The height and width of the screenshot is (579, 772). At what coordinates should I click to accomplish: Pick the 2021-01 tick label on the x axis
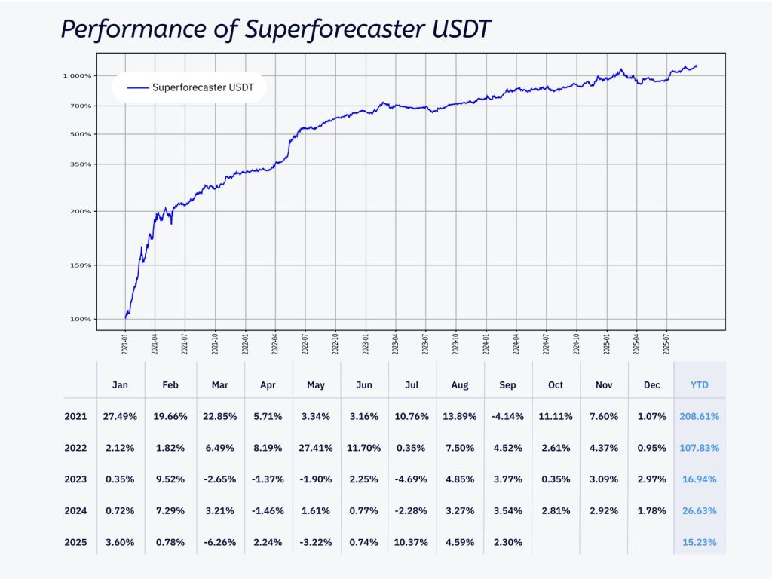tap(125, 346)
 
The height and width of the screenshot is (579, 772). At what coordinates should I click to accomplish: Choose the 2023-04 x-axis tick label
tap(395, 346)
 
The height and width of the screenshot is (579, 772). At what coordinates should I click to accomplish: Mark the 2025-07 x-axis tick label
tap(666, 346)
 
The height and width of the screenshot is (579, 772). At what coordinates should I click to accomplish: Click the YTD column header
tap(699, 385)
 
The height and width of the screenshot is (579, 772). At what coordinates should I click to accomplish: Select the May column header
tap(316, 385)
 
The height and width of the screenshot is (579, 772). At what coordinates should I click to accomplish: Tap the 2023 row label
tap(76, 479)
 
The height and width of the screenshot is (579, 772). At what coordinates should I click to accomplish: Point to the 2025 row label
tap(76, 542)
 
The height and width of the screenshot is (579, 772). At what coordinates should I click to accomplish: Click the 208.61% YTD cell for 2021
tap(699, 416)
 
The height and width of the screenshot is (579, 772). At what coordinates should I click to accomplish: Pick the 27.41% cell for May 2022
tap(316, 448)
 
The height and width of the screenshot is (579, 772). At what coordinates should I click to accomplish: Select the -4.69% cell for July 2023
tap(412, 479)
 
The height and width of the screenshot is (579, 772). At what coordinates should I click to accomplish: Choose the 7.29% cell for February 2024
tap(170, 511)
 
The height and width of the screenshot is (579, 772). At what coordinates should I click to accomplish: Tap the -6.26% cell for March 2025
tap(219, 542)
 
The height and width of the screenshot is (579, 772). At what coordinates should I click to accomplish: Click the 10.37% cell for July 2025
tap(412, 542)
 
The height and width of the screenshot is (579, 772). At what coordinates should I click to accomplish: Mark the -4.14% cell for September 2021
tap(507, 416)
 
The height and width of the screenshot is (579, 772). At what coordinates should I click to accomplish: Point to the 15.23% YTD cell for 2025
tap(699, 542)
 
